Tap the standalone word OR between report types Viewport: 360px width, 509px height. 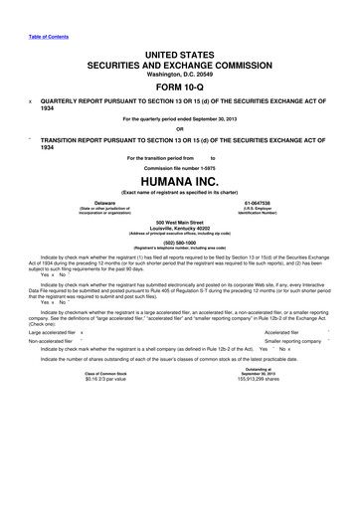tap(179, 127)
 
